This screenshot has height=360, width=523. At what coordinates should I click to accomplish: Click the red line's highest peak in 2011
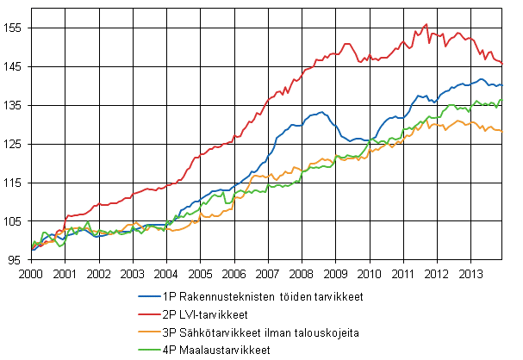[x=426, y=24]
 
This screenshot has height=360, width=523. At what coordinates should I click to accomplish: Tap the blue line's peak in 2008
[x=321, y=112]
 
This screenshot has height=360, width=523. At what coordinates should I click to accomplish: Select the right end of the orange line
[x=502, y=131]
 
